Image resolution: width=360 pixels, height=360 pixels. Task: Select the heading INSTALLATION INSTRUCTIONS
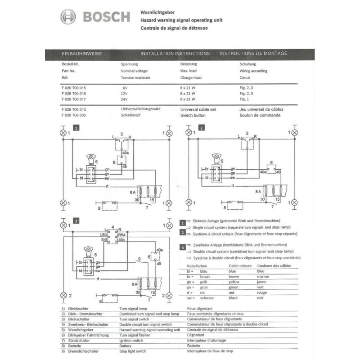click(x=175, y=54)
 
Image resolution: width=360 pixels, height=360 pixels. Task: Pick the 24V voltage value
click(x=125, y=99)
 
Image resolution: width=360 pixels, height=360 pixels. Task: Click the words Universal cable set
click(x=198, y=109)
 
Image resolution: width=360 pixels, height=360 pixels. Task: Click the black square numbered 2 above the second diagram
click(x=202, y=128)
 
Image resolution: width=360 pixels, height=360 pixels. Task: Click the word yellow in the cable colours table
click(x=237, y=282)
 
